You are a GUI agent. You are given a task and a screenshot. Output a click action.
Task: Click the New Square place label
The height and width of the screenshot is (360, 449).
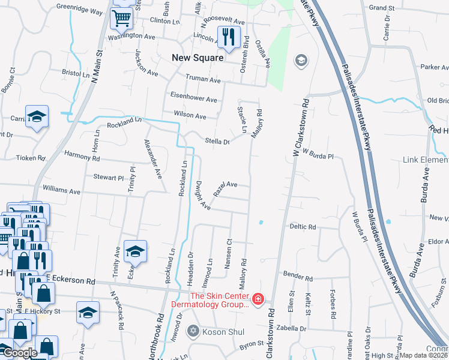[197, 58]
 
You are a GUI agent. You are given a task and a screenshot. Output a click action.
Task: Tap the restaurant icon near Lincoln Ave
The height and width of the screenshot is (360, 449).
[228, 37]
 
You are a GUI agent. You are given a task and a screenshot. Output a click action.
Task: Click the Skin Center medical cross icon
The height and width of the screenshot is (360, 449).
[258, 298]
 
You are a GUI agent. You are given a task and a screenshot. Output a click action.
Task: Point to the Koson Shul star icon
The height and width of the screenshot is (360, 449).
[193, 330]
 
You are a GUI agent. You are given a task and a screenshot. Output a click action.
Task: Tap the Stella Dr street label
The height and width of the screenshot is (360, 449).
[217, 142]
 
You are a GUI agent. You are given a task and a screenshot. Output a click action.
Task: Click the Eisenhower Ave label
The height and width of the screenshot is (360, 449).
[194, 98]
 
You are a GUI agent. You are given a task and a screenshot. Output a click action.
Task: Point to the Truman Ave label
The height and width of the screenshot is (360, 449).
[203, 79]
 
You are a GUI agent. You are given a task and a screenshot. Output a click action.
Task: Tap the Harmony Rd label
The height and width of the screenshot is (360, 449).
[82, 157]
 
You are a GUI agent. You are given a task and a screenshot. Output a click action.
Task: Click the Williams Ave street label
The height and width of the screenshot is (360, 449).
[61, 191]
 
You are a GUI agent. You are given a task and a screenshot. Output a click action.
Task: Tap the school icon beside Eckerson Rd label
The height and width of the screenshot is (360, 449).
[136, 252]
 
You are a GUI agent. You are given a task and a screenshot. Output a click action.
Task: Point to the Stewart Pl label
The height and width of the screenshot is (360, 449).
[108, 178]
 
